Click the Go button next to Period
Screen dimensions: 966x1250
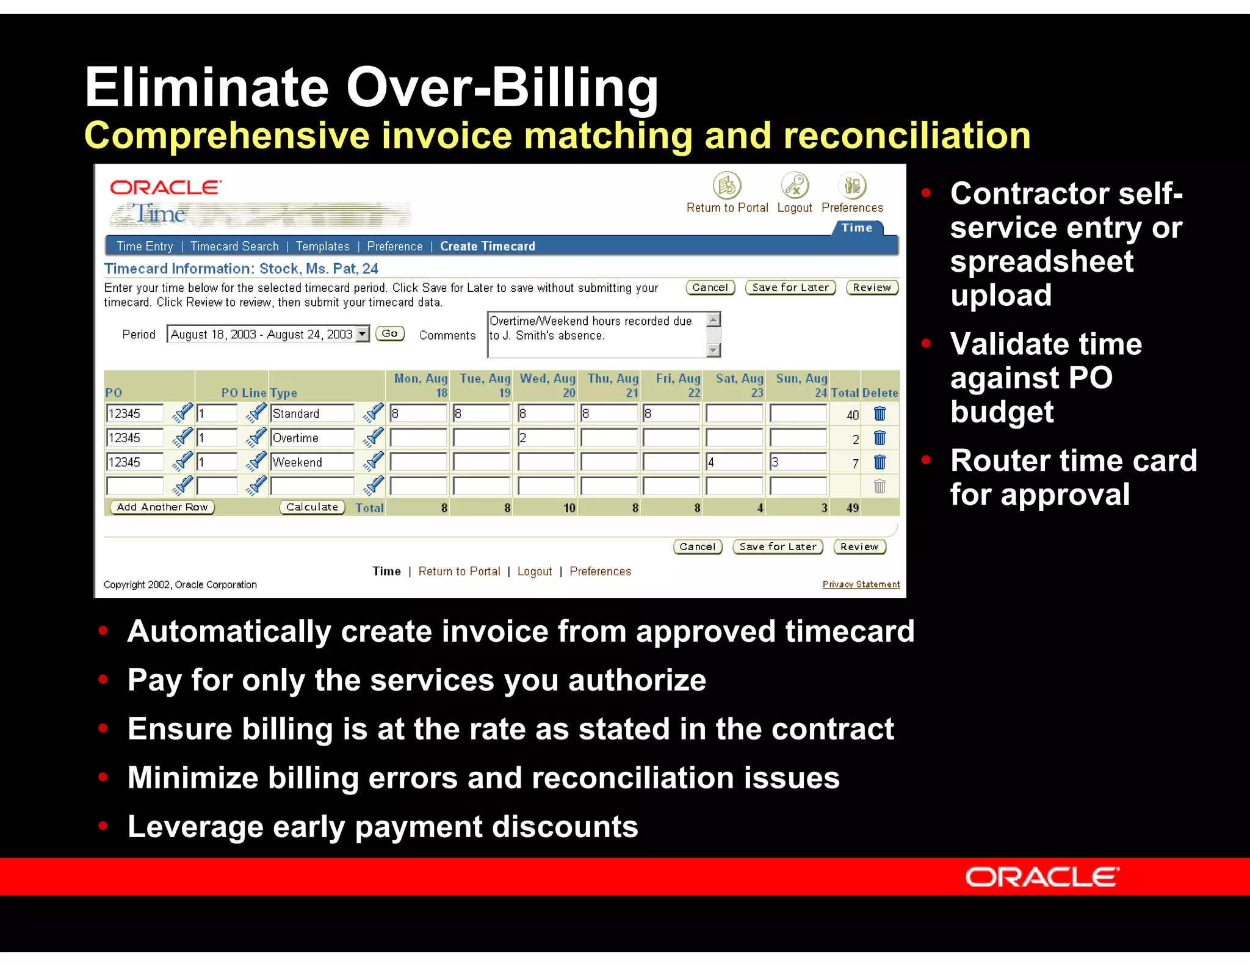tap(389, 333)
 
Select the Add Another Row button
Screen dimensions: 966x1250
tap(162, 507)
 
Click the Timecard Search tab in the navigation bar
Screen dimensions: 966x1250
tap(234, 246)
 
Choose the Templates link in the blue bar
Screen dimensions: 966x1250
tap(322, 246)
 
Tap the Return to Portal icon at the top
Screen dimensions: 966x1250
tap(726, 186)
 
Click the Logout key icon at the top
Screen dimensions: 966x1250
tap(795, 186)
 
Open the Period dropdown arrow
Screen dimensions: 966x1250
tap(363, 333)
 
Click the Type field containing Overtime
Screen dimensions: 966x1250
tap(311, 438)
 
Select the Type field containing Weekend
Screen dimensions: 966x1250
tap(311, 462)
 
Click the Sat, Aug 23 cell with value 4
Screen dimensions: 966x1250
tap(734, 462)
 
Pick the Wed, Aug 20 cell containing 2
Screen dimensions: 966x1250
tap(546, 438)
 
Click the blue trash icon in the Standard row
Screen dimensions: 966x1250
tap(880, 413)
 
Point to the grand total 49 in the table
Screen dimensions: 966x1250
tap(853, 507)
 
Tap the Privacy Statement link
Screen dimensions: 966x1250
tap(861, 584)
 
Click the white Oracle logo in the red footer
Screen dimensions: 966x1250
tap(1042, 877)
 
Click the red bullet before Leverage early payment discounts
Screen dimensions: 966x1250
tap(103, 826)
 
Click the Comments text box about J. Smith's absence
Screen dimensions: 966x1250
tap(595, 335)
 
